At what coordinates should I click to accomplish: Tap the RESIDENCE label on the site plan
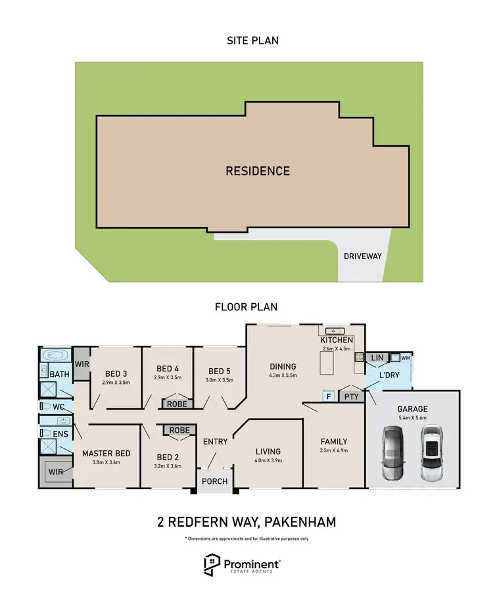(258, 171)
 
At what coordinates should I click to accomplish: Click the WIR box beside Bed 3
(82, 364)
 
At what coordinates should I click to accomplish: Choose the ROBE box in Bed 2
(179, 431)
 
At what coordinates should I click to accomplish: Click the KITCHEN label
(337, 340)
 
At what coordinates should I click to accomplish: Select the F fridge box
(327, 396)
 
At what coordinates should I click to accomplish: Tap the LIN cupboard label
(377, 358)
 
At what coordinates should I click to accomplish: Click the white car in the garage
(431, 454)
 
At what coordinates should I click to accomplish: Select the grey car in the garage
(392, 454)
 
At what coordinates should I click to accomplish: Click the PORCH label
(215, 481)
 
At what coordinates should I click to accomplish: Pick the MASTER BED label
(106, 453)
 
